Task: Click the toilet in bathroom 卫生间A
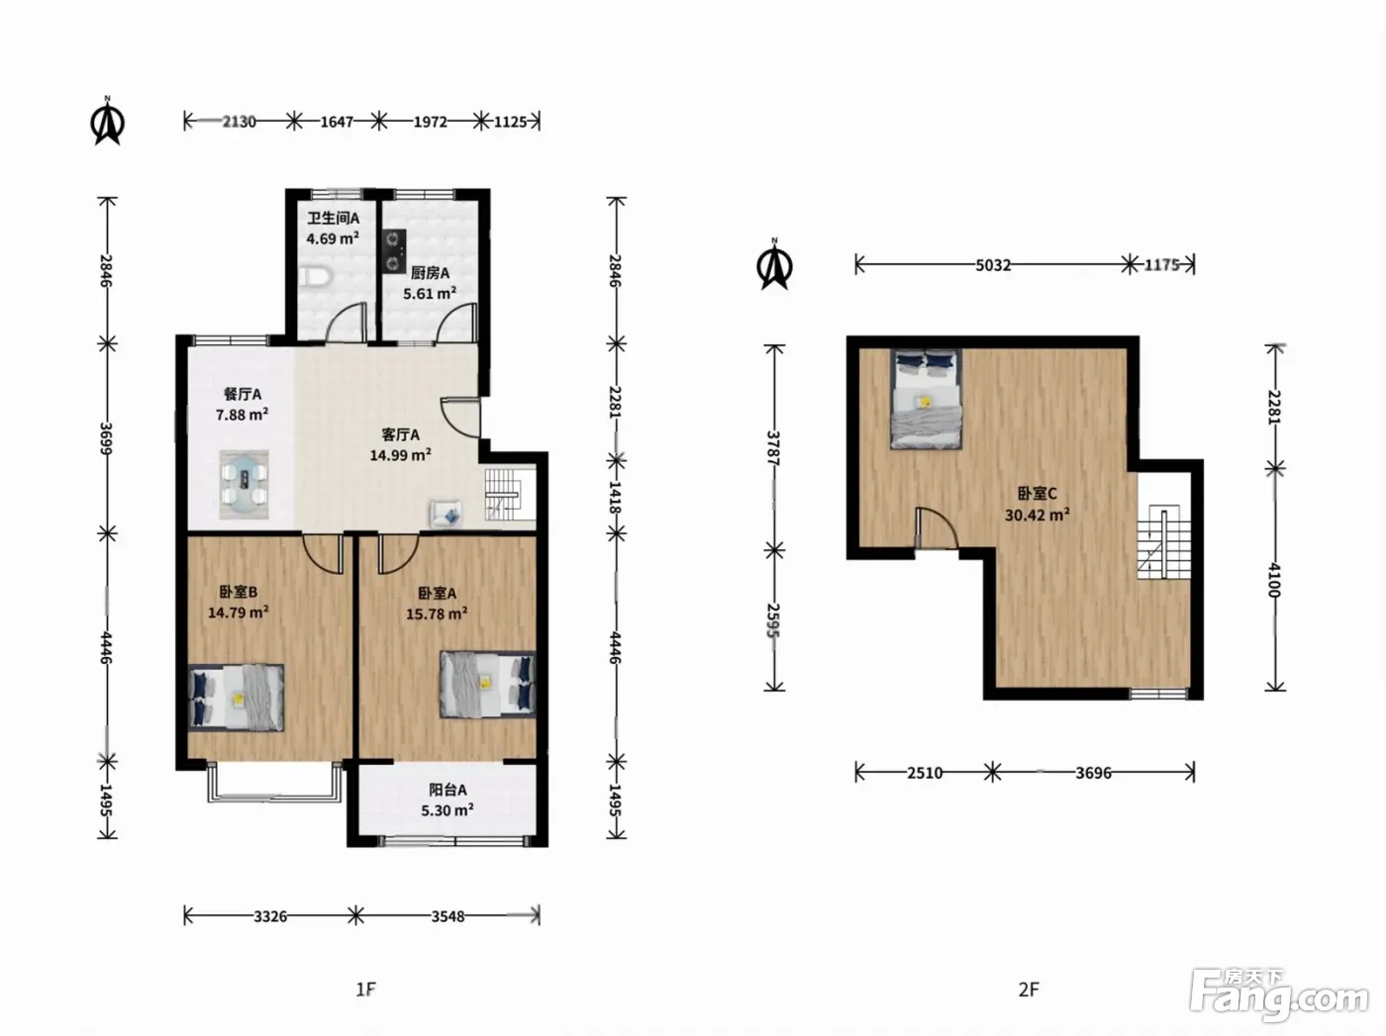[313, 277]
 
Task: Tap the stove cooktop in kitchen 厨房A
[394, 251]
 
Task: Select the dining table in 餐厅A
[245, 484]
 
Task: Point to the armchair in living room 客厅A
[445, 513]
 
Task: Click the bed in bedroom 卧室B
[236, 698]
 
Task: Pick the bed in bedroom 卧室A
[487, 684]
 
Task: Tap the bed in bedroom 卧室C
[927, 399]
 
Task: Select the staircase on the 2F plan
[1163, 542]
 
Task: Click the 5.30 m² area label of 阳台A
[447, 810]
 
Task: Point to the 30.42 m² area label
[1038, 515]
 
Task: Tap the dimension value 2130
[240, 121]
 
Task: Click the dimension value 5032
[993, 265]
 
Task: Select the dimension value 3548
[448, 916]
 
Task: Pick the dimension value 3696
[1094, 773]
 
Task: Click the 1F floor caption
[365, 989]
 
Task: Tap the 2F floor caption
[1029, 989]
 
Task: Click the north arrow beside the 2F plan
[775, 264]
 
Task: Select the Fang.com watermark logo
[1279, 995]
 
